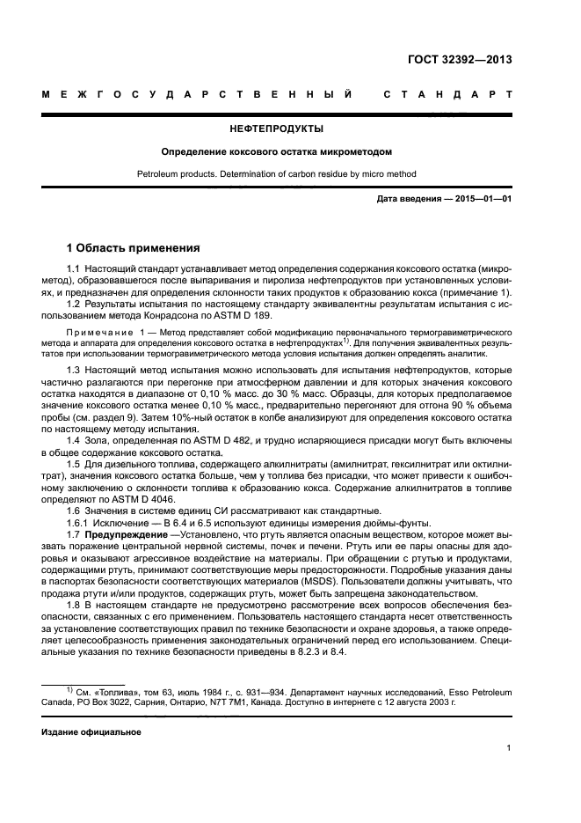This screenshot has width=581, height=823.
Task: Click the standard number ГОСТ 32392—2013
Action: pyautogui.click(x=460, y=60)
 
